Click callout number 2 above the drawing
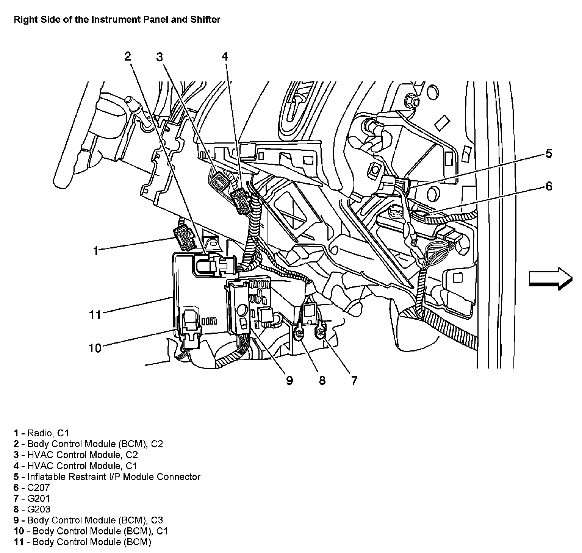pyautogui.click(x=128, y=57)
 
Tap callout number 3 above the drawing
pyautogui.click(x=160, y=57)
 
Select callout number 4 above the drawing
pyautogui.click(x=225, y=57)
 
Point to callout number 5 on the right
pyautogui.click(x=549, y=154)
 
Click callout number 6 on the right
pyautogui.click(x=549, y=186)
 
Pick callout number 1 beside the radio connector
pyautogui.click(x=96, y=250)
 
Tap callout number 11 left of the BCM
pyautogui.click(x=95, y=314)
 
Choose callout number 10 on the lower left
pyautogui.click(x=95, y=348)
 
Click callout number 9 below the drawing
pyautogui.click(x=289, y=380)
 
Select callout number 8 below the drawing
pyautogui.click(x=322, y=380)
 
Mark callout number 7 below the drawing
pyautogui.click(x=354, y=380)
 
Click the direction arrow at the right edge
pyautogui.click(x=550, y=278)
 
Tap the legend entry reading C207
pyautogui.click(x=38, y=487)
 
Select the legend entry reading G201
pyautogui.click(x=38, y=498)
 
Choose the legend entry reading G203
pyautogui.click(x=38, y=509)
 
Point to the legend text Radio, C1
pyautogui.click(x=48, y=433)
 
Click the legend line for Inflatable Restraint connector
pyautogui.click(x=114, y=476)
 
